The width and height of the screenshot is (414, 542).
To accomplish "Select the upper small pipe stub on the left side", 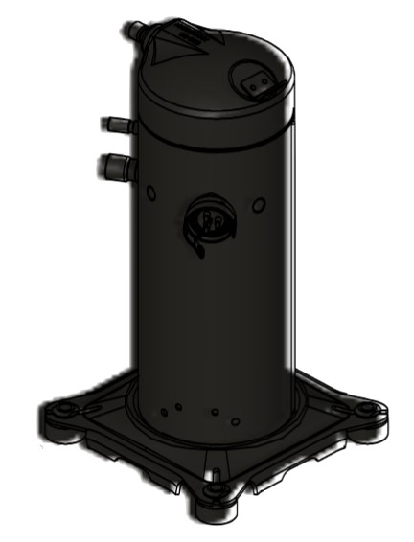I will pyautogui.click(x=112, y=123).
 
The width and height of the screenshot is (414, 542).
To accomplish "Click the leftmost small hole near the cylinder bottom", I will pyautogui.click(x=164, y=412).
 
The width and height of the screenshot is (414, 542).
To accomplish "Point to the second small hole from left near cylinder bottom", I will pyautogui.click(x=178, y=406).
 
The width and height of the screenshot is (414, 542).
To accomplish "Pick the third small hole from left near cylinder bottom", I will pyautogui.click(x=216, y=411).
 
